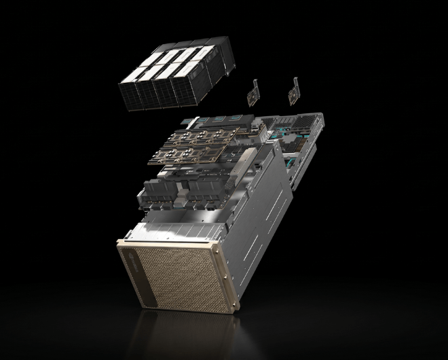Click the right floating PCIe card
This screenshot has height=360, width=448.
(295, 90)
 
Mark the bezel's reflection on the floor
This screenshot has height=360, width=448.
(176, 333)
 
